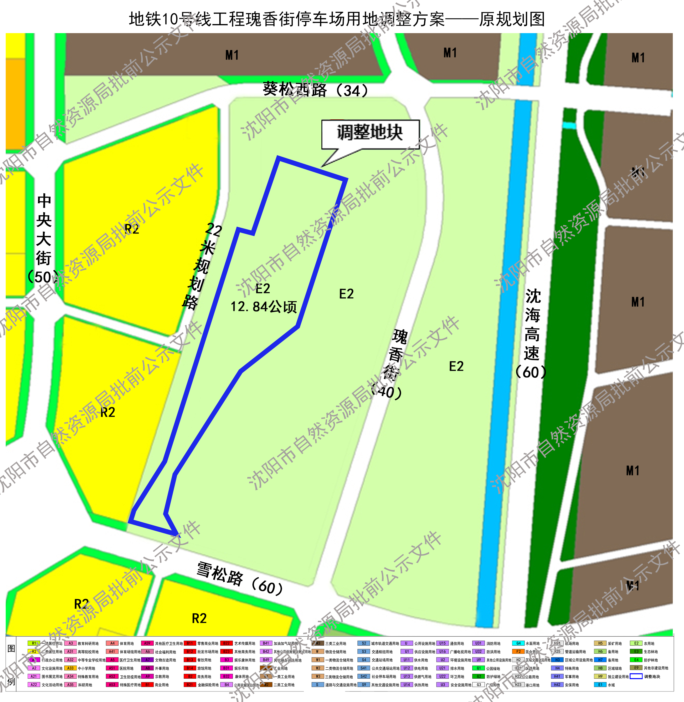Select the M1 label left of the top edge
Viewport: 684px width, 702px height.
click(232, 55)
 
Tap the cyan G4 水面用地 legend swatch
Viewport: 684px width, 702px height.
click(518, 643)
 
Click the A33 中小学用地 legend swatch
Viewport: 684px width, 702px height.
click(70, 668)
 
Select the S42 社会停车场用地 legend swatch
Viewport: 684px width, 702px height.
click(364, 677)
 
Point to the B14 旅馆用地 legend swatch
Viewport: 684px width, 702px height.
click(190, 668)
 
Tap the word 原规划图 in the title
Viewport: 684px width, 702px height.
click(512, 19)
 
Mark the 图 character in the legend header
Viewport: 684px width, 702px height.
click(11, 648)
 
